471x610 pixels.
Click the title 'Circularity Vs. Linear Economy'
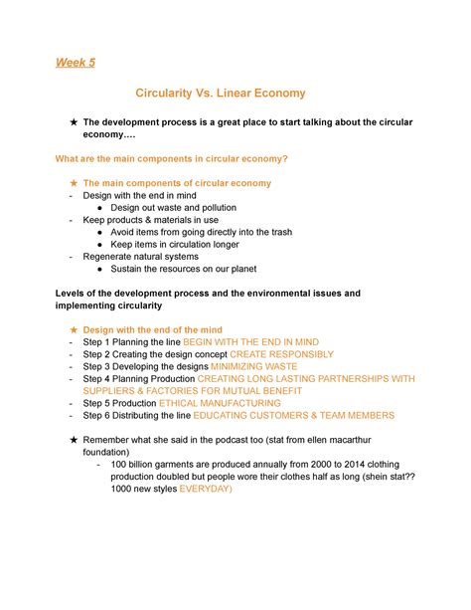click(235, 93)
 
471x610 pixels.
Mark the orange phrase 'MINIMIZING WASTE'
click(261, 366)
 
